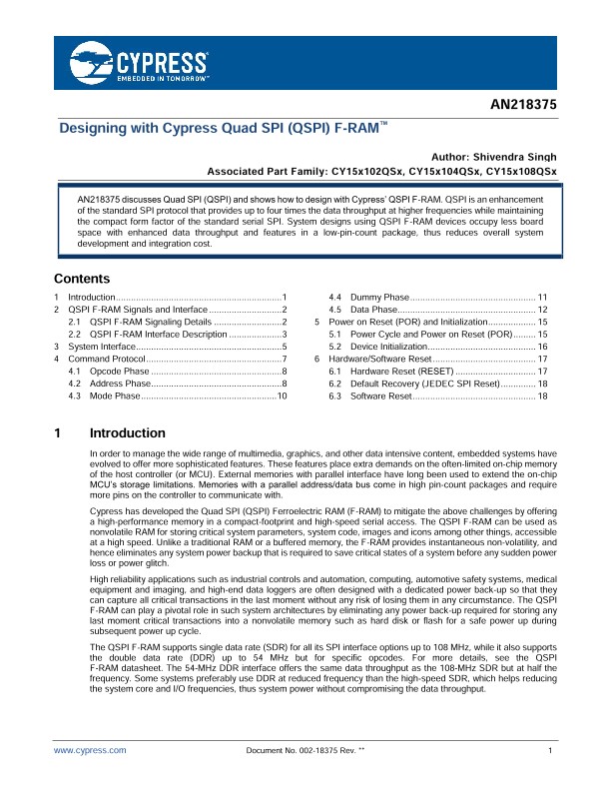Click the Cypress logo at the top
point(140,61)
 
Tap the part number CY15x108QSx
point(520,172)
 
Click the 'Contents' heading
point(81,279)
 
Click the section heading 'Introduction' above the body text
point(127,433)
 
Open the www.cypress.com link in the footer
point(91,749)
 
